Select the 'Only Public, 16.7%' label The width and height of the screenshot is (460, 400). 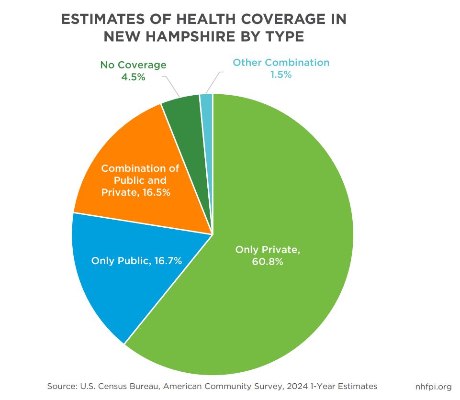coord(136,261)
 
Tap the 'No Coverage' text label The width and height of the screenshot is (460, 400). coord(133,65)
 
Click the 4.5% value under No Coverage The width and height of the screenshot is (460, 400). coord(133,77)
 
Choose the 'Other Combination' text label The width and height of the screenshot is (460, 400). coord(281,63)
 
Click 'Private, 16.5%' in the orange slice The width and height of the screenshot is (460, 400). coord(136,193)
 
